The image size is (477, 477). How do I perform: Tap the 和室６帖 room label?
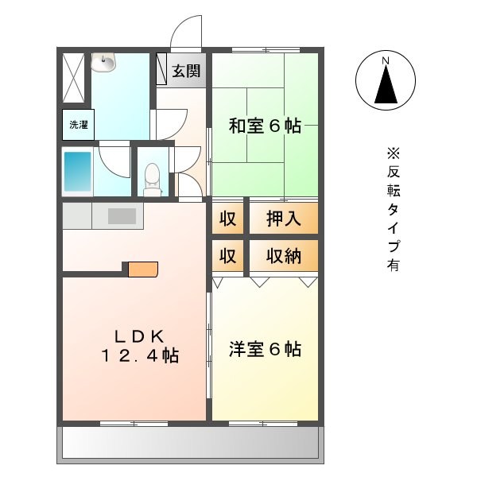[x=265, y=126]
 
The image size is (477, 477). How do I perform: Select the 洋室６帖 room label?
[x=265, y=349]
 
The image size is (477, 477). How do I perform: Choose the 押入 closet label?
[x=283, y=219]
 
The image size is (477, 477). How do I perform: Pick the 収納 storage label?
[x=283, y=257]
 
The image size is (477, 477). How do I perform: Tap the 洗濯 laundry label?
[x=78, y=125]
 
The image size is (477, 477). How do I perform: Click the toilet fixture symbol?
[x=153, y=176]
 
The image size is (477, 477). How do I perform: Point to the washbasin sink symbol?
[x=103, y=61]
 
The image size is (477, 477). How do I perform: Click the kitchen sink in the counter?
[x=122, y=215]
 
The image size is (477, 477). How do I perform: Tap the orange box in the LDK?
[x=143, y=270]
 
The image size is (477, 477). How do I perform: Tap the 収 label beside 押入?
[x=227, y=219]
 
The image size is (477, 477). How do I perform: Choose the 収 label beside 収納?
[x=227, y=257]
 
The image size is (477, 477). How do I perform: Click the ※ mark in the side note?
[x=394, y=153]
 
